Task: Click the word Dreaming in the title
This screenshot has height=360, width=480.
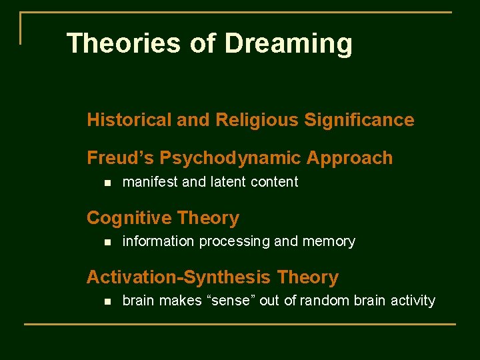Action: pos(288,44)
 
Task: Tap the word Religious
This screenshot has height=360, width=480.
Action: pos(257,120)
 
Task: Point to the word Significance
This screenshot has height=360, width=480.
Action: pos(359,120)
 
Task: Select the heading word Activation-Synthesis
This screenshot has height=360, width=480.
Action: pos(179,277)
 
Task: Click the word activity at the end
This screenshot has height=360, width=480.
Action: pos(412,301)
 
